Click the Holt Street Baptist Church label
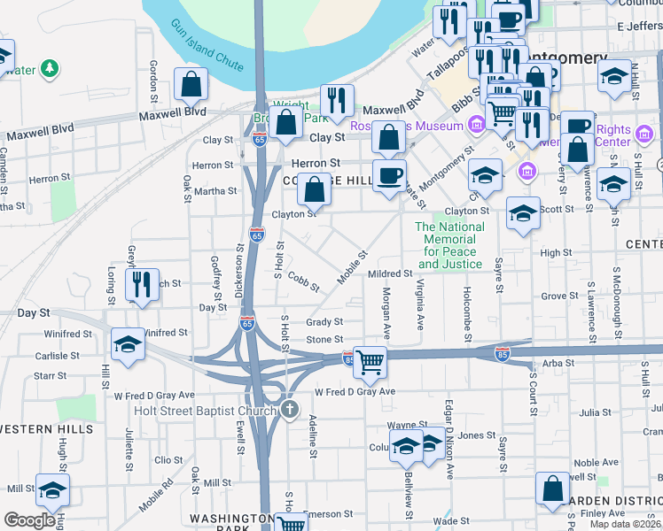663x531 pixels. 206,410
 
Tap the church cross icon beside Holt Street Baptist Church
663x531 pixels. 290,409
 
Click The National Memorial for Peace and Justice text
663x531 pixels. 450,245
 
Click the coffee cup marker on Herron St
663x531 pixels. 389,174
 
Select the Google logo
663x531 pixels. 29,520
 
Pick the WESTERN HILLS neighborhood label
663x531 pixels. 46,429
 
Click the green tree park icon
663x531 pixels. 51,67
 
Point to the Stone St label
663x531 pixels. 324,340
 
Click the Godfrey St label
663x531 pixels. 215,275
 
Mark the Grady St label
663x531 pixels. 324,322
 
